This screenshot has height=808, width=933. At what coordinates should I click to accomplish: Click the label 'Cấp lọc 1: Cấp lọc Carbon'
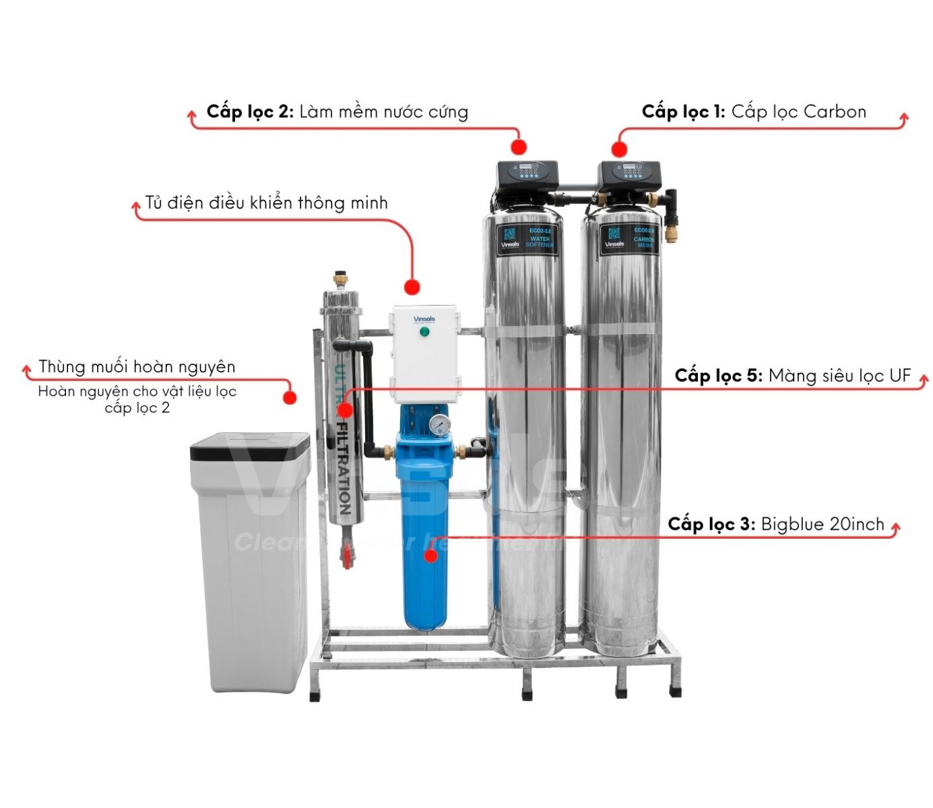pyautogui.click(x=753, y=112)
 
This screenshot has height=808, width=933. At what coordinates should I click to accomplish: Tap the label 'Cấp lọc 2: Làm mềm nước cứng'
pyautogui.click(x=337, y=112)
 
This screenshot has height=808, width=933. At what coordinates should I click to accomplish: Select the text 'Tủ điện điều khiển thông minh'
pyautogui.click(x=266, y=203)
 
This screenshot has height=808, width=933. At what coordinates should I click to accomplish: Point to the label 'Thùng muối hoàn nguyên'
pyautogui.click(x=137, y=367)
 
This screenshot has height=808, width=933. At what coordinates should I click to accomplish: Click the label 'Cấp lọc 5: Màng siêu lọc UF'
pyautogui.click(x=792, y=376)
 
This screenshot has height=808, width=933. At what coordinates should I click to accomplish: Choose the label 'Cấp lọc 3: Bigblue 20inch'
pyautogui.click(x=775, y=525)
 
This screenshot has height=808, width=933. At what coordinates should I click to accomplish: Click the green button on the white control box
pyautogui.click(x=424, y=332)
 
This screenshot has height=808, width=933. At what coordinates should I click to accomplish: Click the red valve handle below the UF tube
pyautogui.click(x=347, y=558)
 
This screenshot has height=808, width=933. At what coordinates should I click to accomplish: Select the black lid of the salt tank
pyautogui.click(x=250, y=446)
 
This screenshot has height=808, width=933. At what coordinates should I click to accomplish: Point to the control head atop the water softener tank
pyautogui.click(x=527, y=176)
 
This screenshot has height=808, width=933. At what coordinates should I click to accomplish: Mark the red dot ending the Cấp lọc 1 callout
pyautogui.click(x=619, y=149)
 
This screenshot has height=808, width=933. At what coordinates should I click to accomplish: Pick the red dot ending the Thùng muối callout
pyautogui.click(x=290, y=397)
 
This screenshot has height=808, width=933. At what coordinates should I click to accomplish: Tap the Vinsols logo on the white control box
pyautogui.click(x=424, y=319)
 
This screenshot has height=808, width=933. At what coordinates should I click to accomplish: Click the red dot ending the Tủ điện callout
pyautogui.click(x=412, y=288)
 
